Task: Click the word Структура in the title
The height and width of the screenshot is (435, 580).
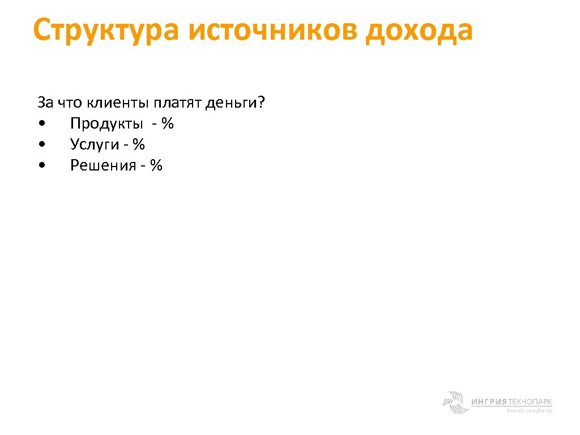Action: [105, 31]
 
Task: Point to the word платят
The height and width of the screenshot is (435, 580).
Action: [176, 103]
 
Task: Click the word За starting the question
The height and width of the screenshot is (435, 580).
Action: [45, 103]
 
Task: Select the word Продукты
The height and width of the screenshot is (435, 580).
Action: [106, 124]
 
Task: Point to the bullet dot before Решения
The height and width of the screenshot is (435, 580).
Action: [42, 166]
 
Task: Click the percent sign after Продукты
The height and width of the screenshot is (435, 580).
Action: [167, 123]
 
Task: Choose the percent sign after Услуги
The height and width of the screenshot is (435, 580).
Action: [139, 144]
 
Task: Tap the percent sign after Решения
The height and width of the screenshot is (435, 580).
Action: [156, 165]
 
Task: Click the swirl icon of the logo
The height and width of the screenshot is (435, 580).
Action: [455, 402]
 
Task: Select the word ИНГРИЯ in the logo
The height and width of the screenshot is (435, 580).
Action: [489, 402]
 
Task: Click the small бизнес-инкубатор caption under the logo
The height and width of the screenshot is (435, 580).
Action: [530, 411]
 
